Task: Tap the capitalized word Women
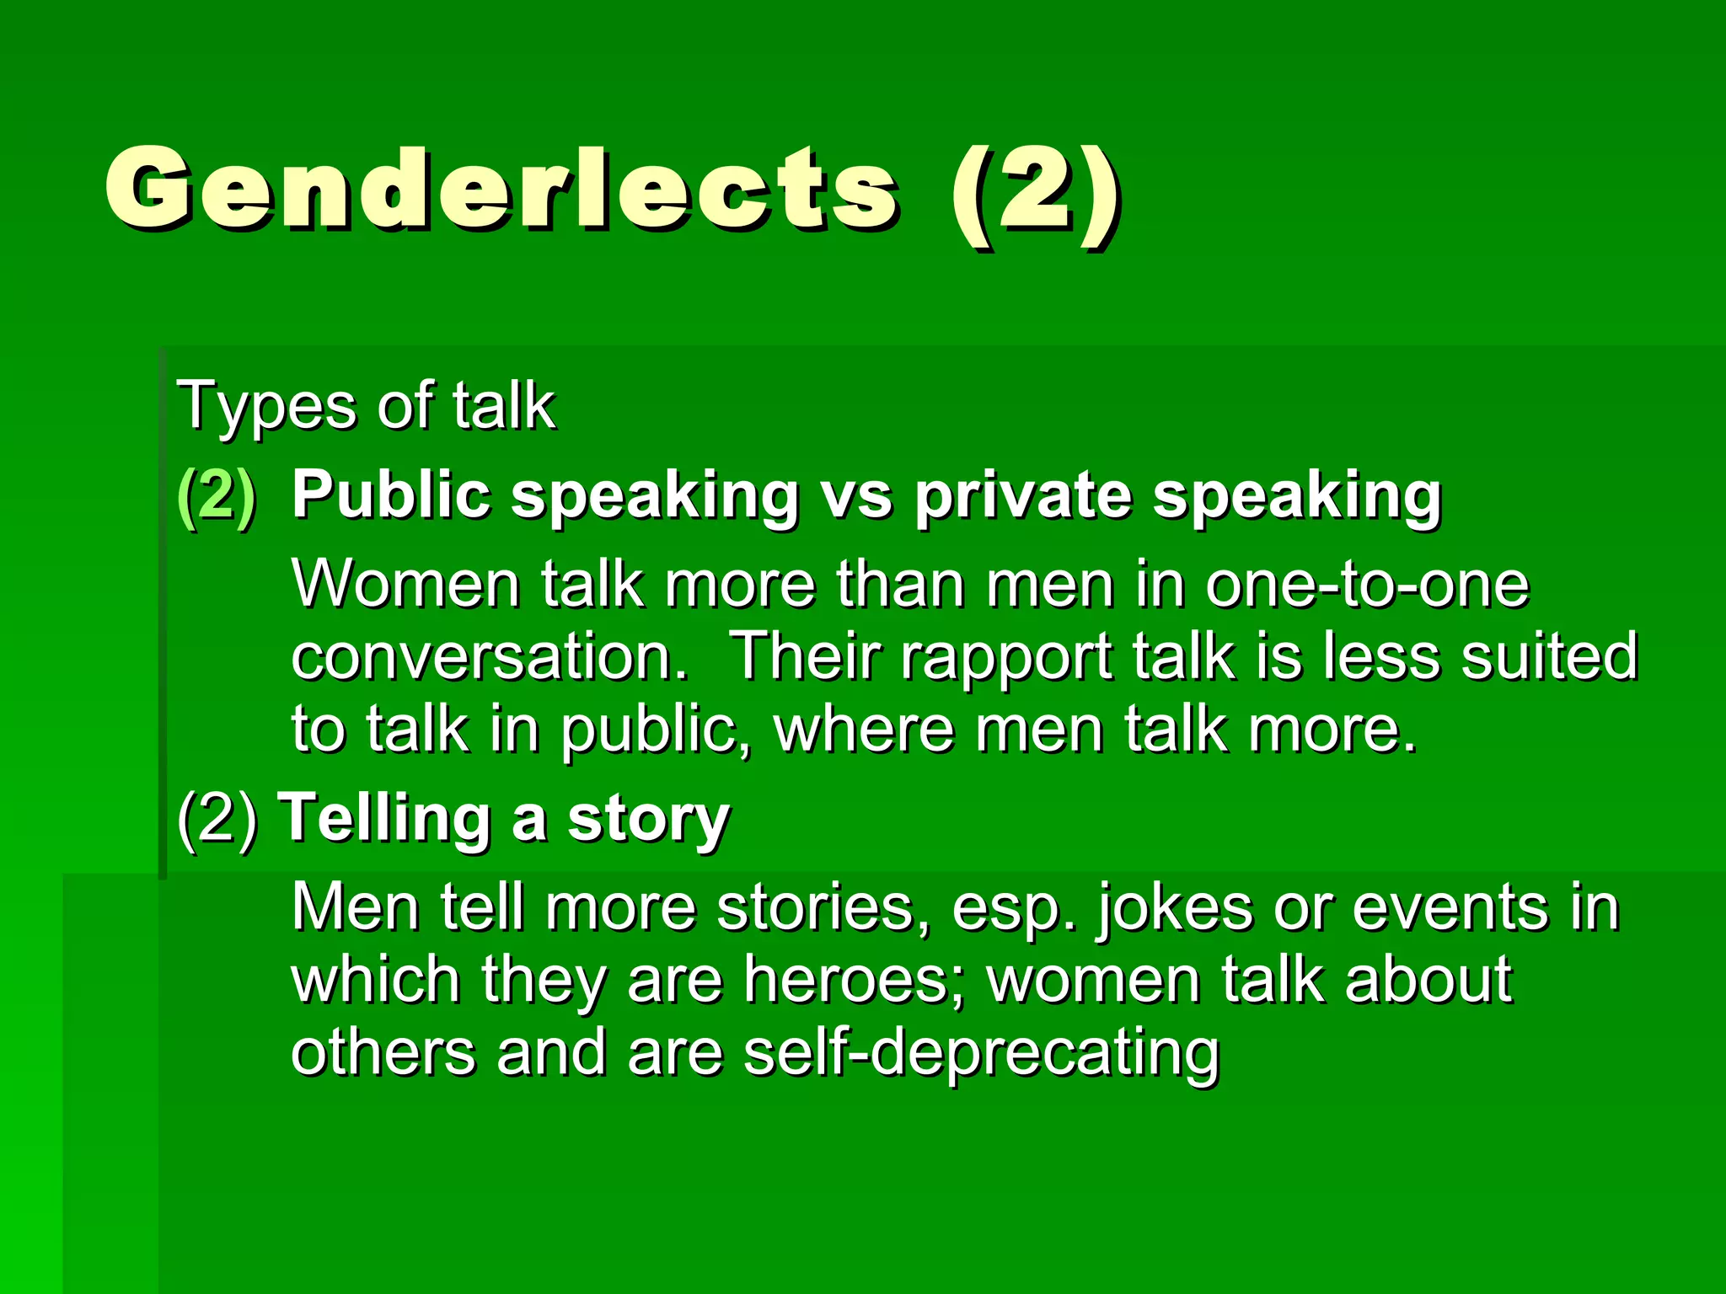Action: [x=405, y=584]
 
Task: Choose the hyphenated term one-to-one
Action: [x=1366, y=584]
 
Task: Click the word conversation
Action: [x=490, y=656]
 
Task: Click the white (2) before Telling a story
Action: [x=217, y=819]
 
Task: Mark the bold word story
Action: [x=648, y=821]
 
